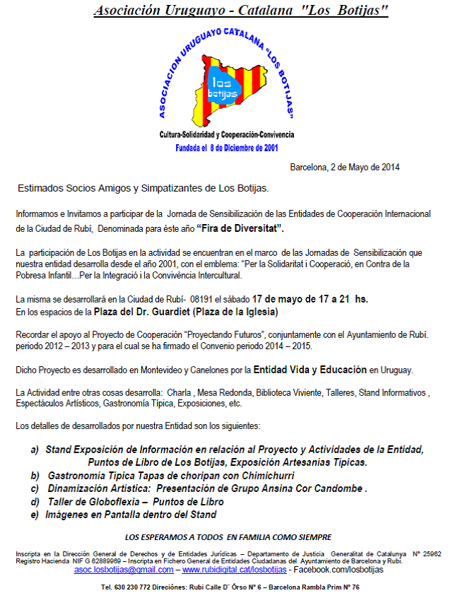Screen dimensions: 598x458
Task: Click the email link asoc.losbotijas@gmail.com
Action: coord(124,569)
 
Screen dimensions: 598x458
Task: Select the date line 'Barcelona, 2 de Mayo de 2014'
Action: coord(345,168)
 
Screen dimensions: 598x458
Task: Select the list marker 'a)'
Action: coord(35,450)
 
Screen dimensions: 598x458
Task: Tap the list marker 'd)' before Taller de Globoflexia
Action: coord(35,501)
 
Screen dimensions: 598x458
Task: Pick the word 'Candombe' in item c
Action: coord(337,488)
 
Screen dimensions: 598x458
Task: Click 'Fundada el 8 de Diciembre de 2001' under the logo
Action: coord(227,149)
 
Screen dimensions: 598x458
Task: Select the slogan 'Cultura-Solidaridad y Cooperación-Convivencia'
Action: coord(227,134)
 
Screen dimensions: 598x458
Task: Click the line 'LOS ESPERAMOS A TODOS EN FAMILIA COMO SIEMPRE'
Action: coord(228,537)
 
